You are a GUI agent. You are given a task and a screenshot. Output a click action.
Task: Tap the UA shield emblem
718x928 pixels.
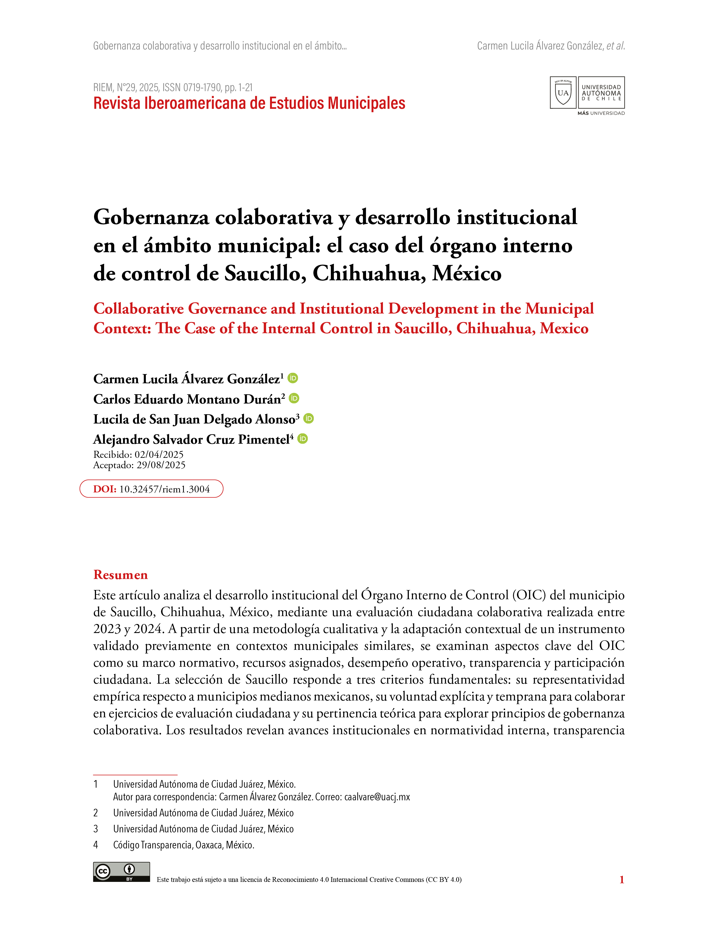coord(563,93)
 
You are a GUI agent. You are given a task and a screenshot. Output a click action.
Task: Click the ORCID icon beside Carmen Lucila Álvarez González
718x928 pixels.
coord(293,378)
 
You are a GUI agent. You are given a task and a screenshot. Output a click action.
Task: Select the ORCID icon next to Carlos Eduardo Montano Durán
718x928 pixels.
coord(294,398)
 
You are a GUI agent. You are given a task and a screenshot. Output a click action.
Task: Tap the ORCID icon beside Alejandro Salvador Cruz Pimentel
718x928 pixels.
coord(302,438)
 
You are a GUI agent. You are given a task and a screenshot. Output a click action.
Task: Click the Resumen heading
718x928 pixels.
coord(121,575)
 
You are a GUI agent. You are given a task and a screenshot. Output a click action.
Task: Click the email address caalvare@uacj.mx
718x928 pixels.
coord(377,797)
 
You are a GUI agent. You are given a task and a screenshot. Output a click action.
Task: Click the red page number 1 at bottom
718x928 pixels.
coord(621,880)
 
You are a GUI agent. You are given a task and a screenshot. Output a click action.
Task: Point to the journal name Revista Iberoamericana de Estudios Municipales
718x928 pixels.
coord(249,103)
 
